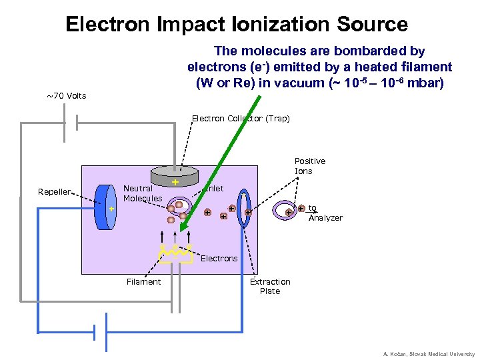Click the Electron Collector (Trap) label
point(241,119)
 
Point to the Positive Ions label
point(310,166)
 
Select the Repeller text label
point(54,192)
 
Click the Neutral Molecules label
point(143,193)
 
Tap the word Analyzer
point(325,218)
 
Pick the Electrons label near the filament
point(219,258)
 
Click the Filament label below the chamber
point(143,282)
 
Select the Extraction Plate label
point(270,287)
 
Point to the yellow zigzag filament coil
point(175,253)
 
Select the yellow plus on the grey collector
point(175,182)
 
